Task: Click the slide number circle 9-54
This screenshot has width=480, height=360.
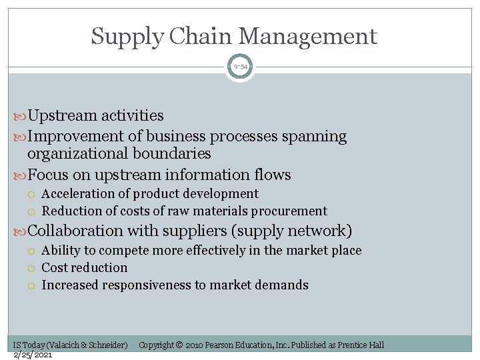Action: [x=239, y=67]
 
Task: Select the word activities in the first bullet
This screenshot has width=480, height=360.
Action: [x=132, y=115]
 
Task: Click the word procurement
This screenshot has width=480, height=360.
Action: [x=293, y=211]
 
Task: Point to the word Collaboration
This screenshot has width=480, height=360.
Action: [x=75, y=231]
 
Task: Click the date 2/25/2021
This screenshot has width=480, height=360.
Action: [x=32, y=354]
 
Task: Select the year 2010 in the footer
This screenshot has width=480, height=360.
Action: [x=194, y=345]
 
